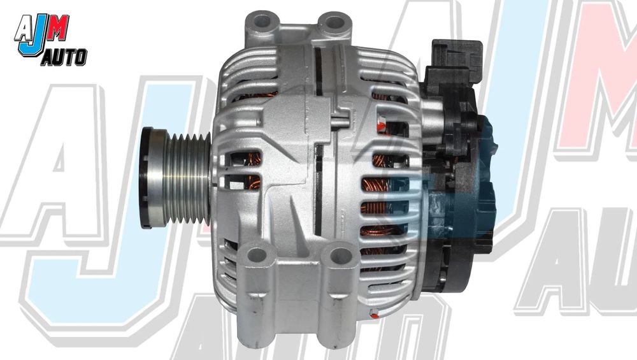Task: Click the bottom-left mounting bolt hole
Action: click(x=257, y=256)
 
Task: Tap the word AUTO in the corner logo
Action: click(x=64, y=59)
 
